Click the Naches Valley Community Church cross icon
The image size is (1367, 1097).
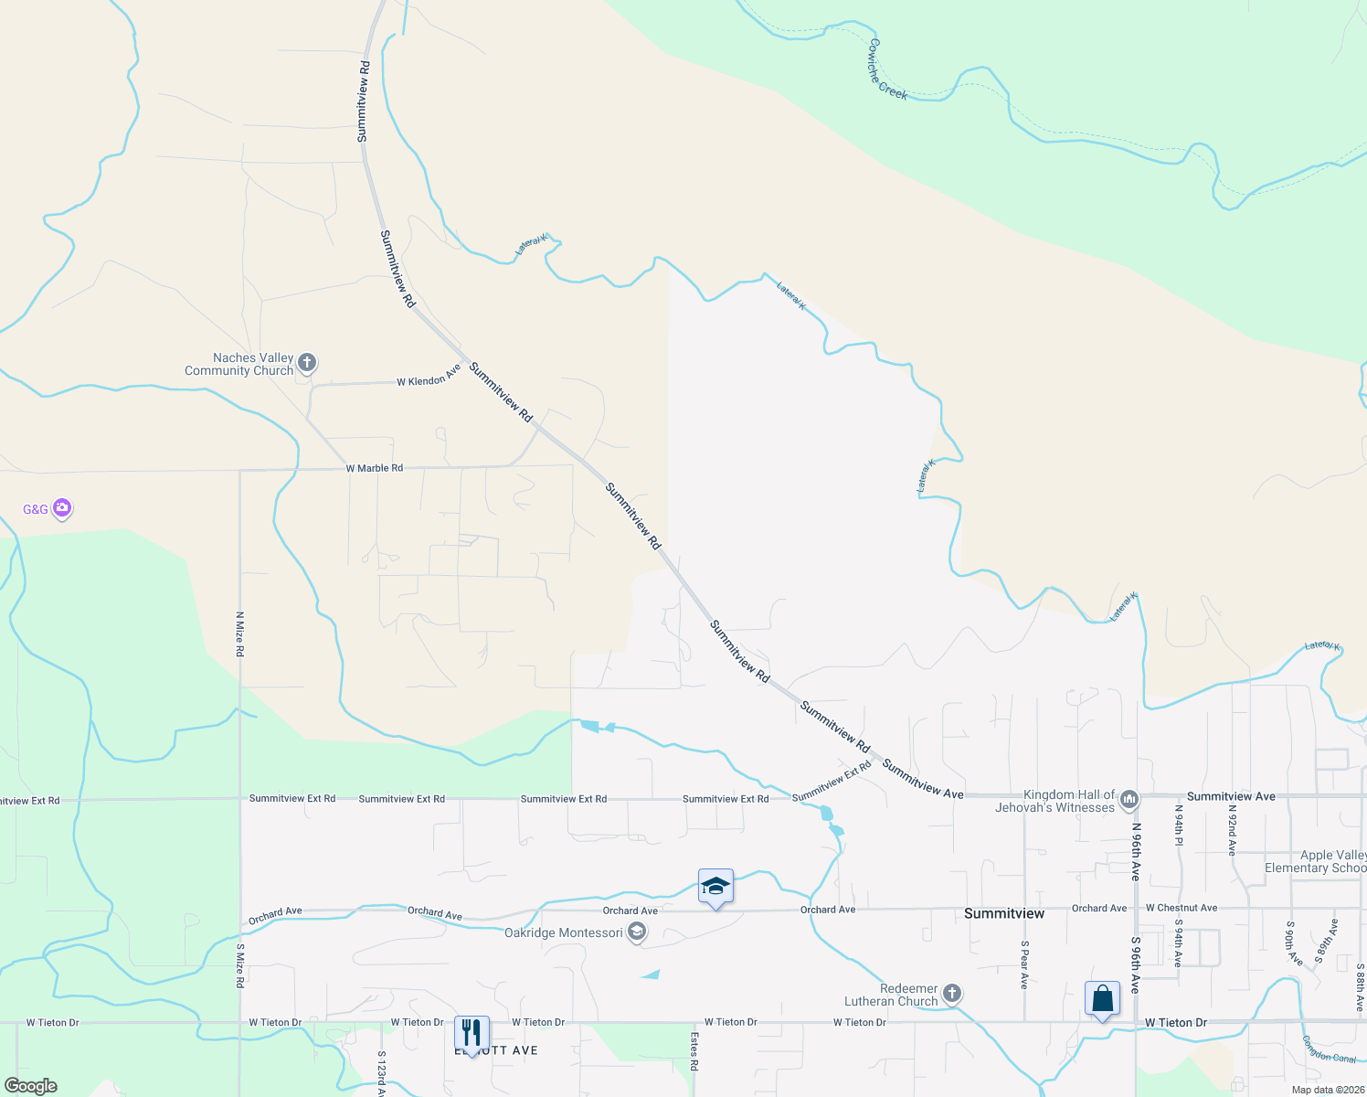[307, 363]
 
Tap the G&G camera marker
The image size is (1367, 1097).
[61, 507]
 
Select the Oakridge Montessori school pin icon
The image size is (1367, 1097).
[637, 932]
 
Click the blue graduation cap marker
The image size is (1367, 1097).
[715, 887]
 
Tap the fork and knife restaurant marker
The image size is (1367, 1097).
[472, 1033]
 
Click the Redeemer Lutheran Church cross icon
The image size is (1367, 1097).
[951, 993]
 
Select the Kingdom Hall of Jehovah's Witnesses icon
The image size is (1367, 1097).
[1129, 801]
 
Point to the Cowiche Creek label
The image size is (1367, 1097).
[887, 69]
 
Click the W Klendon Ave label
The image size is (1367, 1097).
[429, 377]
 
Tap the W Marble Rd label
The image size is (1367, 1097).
[374, 468]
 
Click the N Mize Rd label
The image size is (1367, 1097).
[239, 634]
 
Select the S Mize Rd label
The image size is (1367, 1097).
[240, 964]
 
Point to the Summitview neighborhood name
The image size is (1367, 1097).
[1003, 913]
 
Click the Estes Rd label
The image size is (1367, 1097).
[694, 1051]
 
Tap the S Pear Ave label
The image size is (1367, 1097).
[1024, 964]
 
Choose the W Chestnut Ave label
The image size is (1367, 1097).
[1181, 908]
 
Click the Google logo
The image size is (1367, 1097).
[30, 1086]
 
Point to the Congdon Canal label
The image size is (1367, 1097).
[1329, 1049]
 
